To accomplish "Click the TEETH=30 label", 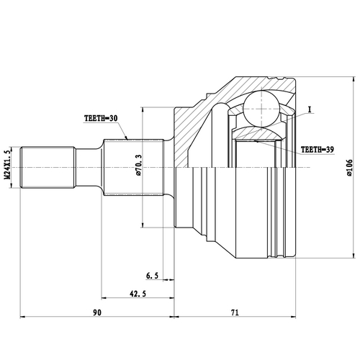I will tap(100, 120).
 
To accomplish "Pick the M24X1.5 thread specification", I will tap(8, 166).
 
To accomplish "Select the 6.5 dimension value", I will tap(152, 276).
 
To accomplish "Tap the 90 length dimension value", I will tap(97, 312).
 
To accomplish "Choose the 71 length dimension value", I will tap(235, 312).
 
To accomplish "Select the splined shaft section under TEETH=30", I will tap(127, 166).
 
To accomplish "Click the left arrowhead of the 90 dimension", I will tap(22, 317).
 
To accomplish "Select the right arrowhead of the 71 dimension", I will tap(295, 317).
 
